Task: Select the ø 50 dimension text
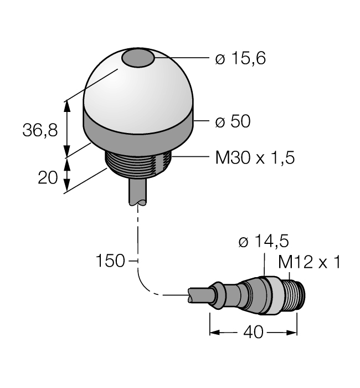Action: (233, 122)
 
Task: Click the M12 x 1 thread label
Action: (308, 262)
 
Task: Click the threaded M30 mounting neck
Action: (138, 165)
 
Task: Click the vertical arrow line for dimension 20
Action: (68, 175)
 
